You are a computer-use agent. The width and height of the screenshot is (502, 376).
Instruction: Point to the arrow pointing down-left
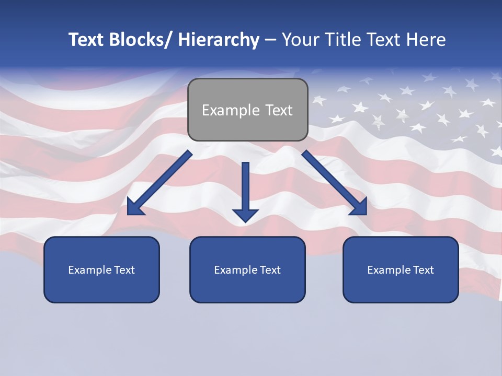[x=159, y=183]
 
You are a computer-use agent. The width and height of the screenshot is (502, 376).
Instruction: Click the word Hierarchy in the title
[x=219, y=40]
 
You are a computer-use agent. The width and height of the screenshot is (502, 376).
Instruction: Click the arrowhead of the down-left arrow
[x=135, y=207]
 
